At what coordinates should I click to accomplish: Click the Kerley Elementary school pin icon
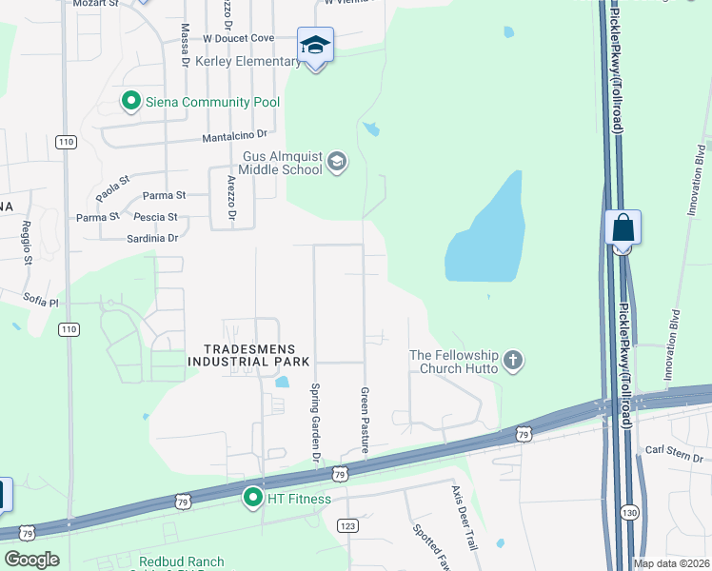tap(315, 45)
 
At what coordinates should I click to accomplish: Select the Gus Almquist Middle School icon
tap(335, 163)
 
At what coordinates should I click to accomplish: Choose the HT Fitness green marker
tap(253, 498)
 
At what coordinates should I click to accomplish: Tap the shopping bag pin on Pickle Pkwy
tap(623, 229)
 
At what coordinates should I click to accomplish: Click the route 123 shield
tap(347, 524)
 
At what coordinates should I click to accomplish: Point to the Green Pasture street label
tap(365, 419)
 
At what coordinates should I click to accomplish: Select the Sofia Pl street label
tap(41, 301)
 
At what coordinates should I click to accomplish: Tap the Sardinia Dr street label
tap(152, 238)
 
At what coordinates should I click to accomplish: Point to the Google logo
tap(31, 560)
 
